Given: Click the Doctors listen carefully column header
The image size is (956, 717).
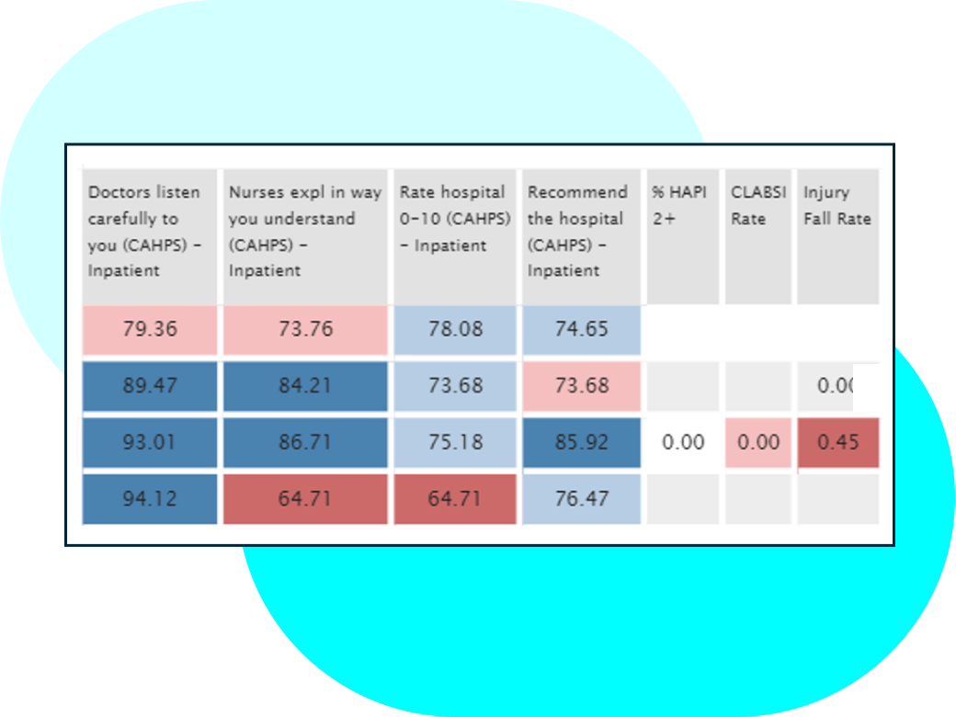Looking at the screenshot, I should coord(149,232).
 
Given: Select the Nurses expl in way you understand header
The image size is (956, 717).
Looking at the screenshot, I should coord(304,232).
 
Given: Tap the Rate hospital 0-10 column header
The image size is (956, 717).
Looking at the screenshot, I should coord(453,219).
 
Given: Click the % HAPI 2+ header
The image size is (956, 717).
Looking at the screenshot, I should coord(682,206).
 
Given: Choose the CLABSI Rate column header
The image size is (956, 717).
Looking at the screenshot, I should coord(757,206).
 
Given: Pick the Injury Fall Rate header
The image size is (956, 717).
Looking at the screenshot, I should coord(836,206).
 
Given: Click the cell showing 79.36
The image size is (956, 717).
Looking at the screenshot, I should coord(150,329).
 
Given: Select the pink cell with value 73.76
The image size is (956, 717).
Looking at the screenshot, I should coord(304,329).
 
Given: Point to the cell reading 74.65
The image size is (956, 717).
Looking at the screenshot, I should coord(581,329).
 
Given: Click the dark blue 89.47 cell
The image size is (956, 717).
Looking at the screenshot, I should coord(150,385).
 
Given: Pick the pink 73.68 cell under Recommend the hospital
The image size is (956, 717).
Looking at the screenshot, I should coord(581,385).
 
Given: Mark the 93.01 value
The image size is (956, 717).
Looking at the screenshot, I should coord(150,442).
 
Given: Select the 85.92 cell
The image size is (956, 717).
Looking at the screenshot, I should coord(581,442).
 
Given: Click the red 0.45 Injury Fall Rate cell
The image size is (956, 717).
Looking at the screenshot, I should coord(837,442).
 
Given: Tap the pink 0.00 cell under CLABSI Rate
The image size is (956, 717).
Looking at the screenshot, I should coord(758,442).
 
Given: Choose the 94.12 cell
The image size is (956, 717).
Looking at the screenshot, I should coord(150,499).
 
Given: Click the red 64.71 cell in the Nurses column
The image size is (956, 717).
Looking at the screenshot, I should coord(304,499).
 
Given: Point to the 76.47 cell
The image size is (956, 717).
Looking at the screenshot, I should coord(581,499).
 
